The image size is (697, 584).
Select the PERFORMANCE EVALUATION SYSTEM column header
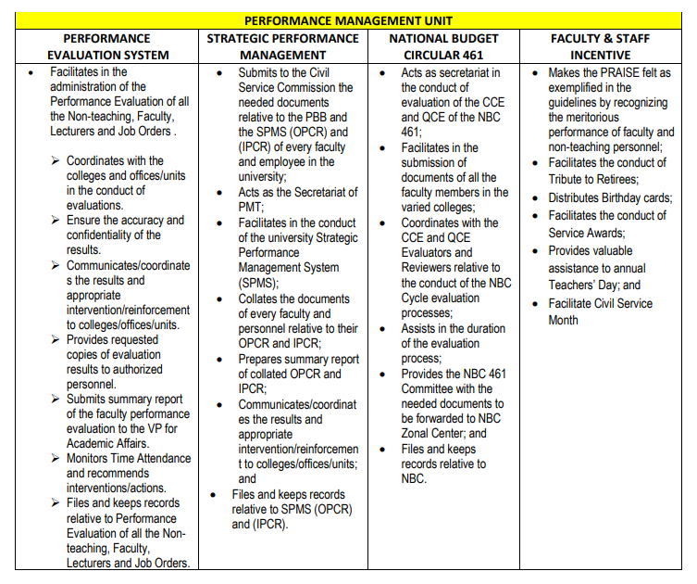(107, 47)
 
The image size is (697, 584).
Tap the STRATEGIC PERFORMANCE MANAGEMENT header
(282, 47)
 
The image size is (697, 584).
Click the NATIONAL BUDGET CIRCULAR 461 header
(443, 47)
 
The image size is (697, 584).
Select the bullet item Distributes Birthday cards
(610, 197)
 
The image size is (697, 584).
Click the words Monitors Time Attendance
(128, 458)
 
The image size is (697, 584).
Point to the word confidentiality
(107, 235)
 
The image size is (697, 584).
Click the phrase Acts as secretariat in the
(450, 72)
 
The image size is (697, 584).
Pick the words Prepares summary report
(298, 359)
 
